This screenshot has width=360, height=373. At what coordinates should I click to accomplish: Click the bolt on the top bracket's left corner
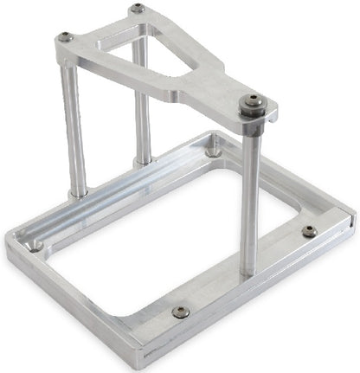coord(66,37)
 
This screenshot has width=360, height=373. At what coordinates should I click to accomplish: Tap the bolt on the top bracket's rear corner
coord(138,9)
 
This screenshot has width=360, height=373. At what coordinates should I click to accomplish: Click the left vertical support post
coord(74,130)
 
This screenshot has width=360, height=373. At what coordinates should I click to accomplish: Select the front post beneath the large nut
coord(250,199)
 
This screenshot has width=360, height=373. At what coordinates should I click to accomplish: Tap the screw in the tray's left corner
coord(37,245)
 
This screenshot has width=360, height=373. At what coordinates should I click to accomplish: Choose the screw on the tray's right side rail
coord(309,231)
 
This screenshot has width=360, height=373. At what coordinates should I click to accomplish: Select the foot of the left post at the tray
coord(79,191)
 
